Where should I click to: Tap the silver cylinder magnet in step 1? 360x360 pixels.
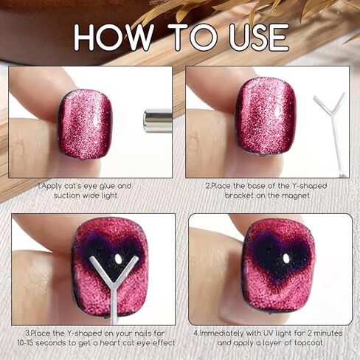click(x=158, y=121)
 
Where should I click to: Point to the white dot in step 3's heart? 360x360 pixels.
click(x=119, y=259)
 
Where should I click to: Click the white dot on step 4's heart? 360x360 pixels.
click(x=286, y=259)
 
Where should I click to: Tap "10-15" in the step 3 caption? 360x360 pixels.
click(x=26, y=342)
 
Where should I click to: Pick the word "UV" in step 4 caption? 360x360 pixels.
click(x=269, y=333)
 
